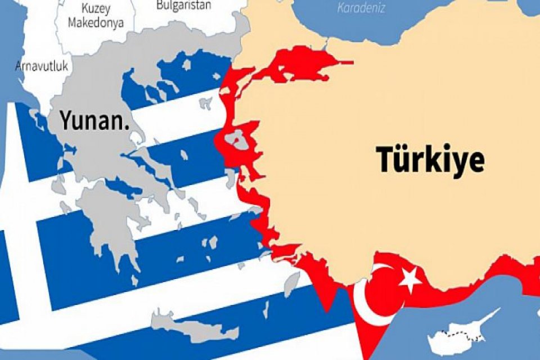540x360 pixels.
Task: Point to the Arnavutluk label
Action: click(42, 66)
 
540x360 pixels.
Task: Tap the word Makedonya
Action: click(95, 23)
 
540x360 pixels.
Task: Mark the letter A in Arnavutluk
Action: click(18, 66)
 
